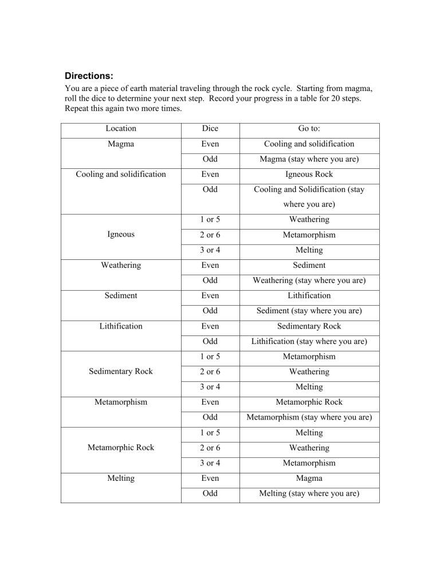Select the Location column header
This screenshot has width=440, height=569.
pyautogui.click(x=121, y=129)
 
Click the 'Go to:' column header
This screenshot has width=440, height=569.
pyautogui.click(x=309, y=129)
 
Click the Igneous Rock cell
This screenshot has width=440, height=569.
pyautogui.click(x=309, y=175)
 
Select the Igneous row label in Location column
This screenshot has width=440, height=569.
pyautogui.click(x=121, y=234)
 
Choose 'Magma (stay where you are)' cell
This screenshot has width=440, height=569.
pyautogui.click(x=309, y=160)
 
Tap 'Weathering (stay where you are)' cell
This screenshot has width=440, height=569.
pyautogui.click(x=309, y=281)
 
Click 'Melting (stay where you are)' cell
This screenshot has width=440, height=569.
pyautogui.click(x=309, y=493)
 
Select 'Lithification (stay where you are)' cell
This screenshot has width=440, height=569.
pyautogui.click(x=309, y=342)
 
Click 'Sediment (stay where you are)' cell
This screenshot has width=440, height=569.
pyautogui.click(x=309, y=311)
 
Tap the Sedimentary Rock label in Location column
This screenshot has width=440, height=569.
pyautogui.click(x=121, y=372)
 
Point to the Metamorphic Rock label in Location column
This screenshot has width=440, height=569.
pyautogui.click(x=121, y=448)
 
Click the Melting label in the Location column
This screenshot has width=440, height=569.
pyautogui.click(x=121, y=478)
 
